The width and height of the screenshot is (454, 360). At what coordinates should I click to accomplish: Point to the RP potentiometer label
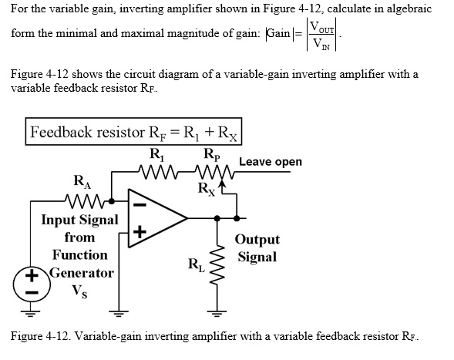(x=210, y=152)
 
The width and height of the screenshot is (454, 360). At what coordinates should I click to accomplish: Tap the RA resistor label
(x=80, y=183)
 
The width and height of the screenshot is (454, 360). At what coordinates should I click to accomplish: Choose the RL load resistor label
(x=197, y=267)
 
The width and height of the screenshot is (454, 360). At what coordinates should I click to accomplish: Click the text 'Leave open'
(x=271, y=162)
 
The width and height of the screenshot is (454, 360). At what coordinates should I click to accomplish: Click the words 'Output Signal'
(x=257, y=248)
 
